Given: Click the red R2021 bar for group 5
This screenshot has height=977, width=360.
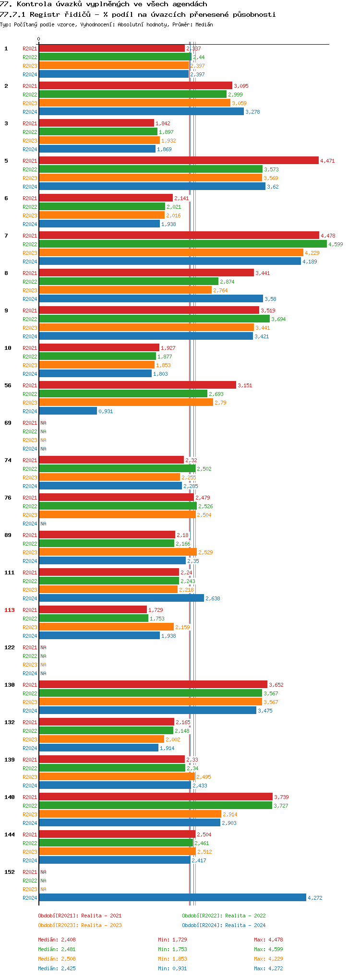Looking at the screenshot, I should point(179,161).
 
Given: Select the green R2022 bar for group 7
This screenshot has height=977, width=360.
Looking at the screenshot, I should point(182,244).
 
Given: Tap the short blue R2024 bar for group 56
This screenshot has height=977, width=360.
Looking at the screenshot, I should point(68,411).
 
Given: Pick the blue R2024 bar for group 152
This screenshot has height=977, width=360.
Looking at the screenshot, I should point(172,898).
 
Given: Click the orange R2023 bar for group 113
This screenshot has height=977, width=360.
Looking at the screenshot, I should point(106,627).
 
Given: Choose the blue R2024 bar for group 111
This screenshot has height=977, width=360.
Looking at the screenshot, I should point(121,598).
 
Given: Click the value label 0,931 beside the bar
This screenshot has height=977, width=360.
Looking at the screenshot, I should point(106,411).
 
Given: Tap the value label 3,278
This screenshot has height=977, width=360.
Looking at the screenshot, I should point(252,112).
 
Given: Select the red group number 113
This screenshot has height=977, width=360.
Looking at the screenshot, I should point(10,610).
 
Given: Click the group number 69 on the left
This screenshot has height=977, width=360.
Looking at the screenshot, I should point(8,423).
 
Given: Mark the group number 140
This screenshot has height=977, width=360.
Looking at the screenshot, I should point(10,797).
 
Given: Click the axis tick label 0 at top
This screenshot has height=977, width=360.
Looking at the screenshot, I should point(39,39).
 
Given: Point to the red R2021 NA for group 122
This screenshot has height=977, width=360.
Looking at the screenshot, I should point(43,647).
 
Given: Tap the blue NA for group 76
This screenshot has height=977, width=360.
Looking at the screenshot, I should point(43,524).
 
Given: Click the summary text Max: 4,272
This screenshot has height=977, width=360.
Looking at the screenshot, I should point(268,968).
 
